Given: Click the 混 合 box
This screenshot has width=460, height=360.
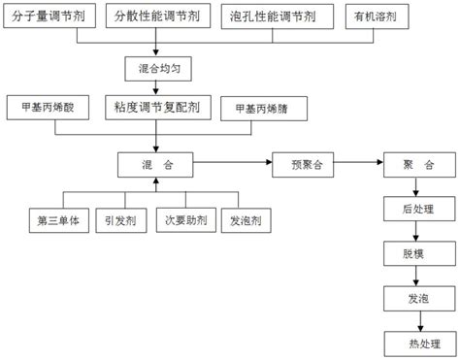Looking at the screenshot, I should [154, 166].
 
